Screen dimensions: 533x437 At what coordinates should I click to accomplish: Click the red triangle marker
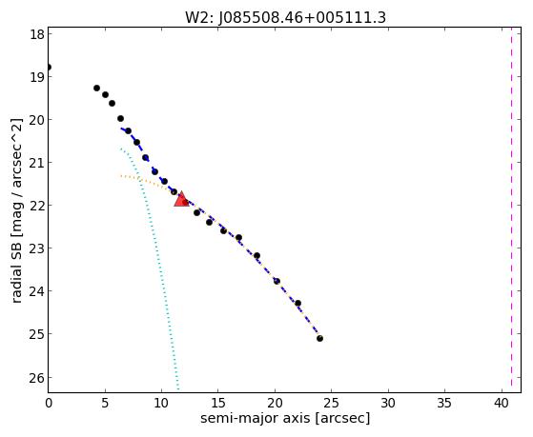tap(181, 199)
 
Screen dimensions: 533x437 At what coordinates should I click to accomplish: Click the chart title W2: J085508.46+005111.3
tap(285, 17)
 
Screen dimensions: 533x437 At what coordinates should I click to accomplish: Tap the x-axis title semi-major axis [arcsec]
tap(285, 418)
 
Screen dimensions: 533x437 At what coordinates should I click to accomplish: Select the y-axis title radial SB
tap(17, 273)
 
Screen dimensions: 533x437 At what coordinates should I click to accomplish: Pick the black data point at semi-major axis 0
tap(49, 67)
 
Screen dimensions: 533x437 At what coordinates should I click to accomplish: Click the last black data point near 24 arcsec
tap(319, 338)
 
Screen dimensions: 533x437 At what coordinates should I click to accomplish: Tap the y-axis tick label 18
tap(36, 34)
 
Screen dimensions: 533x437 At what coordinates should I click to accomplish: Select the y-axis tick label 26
tap(36, 377)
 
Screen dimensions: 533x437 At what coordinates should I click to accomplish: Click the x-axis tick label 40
tap(502, 403)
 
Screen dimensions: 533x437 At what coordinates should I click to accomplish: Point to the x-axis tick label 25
tap(332, 403)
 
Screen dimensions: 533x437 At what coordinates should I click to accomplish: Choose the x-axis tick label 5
tap(105, 403)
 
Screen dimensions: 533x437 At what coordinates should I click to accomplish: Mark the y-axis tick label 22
tap(36, 205)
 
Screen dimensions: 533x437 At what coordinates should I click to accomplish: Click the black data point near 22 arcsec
tap(297, 303)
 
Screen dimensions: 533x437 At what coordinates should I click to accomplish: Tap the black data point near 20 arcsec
tap(277, 281)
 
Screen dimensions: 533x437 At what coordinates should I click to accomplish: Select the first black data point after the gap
tap(96, 88)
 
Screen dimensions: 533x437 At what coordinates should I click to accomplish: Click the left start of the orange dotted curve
tap(121, 176)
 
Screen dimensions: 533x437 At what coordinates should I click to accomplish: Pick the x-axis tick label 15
tap(218, 403)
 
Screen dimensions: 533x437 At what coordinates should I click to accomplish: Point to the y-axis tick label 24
tap(36, 291)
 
